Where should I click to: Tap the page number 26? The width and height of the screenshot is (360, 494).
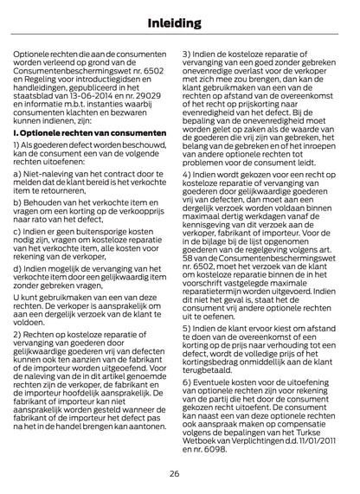(180, 474)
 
